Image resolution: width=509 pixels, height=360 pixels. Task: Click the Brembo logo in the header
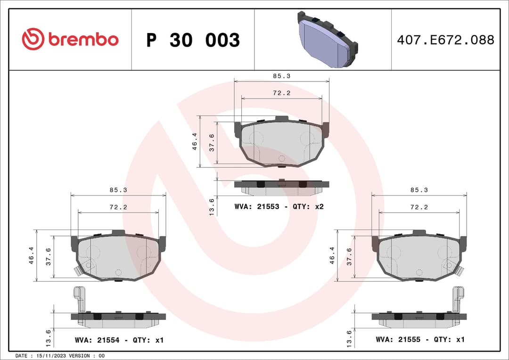[x=70, y=40]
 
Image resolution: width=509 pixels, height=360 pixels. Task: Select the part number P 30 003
[x=193, y=41]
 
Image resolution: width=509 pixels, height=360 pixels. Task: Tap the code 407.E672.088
[x=445, y=40]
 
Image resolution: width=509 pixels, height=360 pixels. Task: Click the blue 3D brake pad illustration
[x=328, y=40]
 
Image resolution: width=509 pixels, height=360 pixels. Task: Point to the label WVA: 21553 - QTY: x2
[x=279, y=206]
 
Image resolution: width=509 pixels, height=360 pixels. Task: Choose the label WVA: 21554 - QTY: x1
[x=119, y=340]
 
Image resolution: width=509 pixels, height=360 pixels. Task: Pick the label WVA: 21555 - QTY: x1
[x=420, y=339]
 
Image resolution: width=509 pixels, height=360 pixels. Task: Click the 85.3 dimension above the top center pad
[x=281, y=76]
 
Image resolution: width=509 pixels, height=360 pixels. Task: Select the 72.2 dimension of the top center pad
[x=281, y=93]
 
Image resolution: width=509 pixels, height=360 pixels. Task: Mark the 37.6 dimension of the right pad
[x=349, y=256]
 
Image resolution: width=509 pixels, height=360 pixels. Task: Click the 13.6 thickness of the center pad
[x=212, y=206]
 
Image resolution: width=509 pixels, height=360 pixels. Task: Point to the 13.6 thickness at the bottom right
[x=349, y=339]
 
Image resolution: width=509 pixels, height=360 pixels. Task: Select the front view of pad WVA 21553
[x=281, y=142]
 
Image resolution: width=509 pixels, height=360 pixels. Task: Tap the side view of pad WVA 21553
[x=281, y=187]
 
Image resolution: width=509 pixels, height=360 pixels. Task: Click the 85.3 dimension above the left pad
[x=118, y=190]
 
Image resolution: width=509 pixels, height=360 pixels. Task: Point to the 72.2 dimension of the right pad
[x=419, y=207]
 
